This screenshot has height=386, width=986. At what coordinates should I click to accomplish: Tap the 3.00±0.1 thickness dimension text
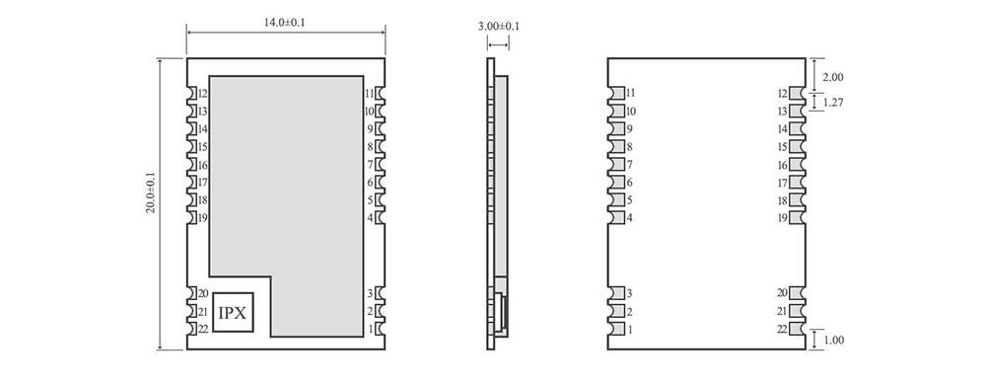[499, 26]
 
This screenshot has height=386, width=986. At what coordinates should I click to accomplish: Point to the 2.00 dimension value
[833, 77]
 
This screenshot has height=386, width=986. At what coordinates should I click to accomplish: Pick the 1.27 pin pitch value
[833, 102]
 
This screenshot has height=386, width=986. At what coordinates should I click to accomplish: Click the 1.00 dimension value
[833, 340]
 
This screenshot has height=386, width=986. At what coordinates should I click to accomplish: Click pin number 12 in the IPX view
[201, 94]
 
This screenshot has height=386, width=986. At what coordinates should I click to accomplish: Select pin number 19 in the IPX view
[201, 218]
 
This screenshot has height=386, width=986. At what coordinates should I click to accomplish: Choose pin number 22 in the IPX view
[201, 329]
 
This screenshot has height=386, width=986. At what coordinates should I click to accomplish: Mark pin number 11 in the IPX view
[369, 94]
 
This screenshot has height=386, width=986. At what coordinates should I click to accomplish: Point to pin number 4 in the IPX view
[370, 218]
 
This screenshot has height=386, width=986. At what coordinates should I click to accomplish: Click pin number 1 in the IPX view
[371, 329]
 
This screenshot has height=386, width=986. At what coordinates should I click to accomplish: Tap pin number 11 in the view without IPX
[630, 94]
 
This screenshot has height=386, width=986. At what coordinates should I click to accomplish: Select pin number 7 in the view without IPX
[629, 165]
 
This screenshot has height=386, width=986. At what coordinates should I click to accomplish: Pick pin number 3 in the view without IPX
[629, 294]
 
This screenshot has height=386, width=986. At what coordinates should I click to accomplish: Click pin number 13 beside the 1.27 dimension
[783, 112]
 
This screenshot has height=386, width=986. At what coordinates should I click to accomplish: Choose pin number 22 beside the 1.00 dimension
[782, 329]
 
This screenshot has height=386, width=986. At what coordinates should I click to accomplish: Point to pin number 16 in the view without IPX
[783, 166]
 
